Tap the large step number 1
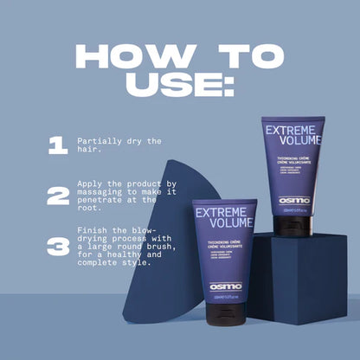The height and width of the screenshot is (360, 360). (58, 145)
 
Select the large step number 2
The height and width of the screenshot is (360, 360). (58, 196)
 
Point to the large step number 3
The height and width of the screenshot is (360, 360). (58, 247)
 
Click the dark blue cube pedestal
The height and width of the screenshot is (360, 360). (303, 277)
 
